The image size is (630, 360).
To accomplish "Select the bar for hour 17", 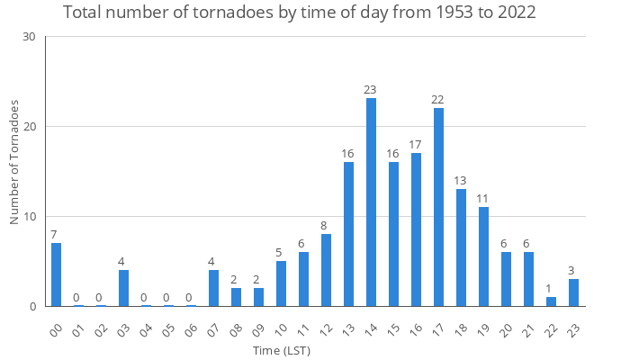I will click(x=438, y=207).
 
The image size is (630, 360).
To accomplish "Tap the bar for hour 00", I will click(x=56, y=274).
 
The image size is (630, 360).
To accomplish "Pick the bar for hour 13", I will click(x=348, y=234).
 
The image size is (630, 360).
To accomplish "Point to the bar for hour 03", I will click(x=123, y=288).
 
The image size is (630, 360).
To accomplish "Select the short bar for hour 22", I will click(x=551, y=301).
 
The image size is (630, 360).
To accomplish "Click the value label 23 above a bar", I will click(x=371, y=89).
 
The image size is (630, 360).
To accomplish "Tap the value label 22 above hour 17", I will click(x=438, y=99).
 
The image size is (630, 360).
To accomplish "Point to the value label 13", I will click(x=461, y=180).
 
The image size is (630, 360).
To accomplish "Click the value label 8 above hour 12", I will click(x=326, y=225).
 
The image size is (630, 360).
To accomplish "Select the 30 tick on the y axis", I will click(x=29, y=37).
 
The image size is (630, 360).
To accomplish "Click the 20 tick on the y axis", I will click(x=29, y=127).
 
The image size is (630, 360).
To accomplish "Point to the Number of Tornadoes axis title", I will click(x=15, y=162).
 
